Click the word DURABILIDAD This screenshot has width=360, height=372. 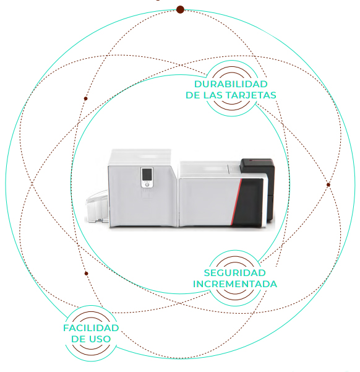[231, 84]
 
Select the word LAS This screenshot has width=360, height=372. [215, 95]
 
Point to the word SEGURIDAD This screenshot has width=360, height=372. [234, 273]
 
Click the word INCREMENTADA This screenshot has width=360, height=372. [235, 284]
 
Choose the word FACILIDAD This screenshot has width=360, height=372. [91, 328]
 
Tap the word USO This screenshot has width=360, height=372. [100, 339]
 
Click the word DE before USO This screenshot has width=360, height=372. [79, 339]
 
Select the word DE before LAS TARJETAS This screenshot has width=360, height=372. [193, 95]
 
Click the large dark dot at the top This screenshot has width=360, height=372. [180, 10]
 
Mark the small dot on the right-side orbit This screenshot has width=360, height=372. [328, 184]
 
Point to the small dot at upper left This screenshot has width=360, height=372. [85, 98]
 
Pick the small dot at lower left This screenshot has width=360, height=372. [87, 274]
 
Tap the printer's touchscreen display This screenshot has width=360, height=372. [147, 175]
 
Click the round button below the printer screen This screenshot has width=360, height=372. [147, 184]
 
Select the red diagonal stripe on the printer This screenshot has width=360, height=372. [237, 202]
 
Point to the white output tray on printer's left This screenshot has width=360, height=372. [96, 206]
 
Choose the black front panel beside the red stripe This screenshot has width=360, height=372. [249, 203]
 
